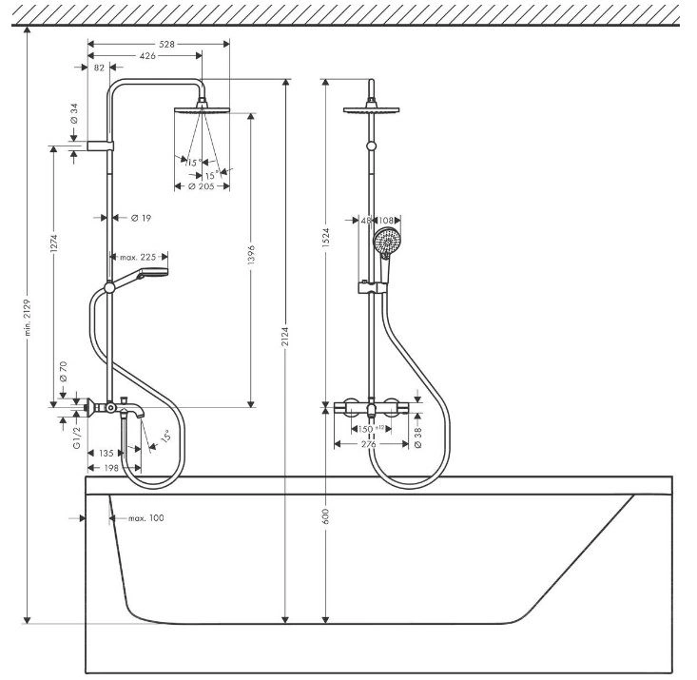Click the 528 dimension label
(x=166, y=44)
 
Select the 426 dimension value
(x=147, y=55)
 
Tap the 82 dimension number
(x=99, y=68)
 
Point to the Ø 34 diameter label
(x=74, y=113)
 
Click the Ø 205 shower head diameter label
(x=202, y=186)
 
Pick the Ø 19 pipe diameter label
(x=142, y=218)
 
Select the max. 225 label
(x=138, y=257)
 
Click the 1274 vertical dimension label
(x=54, y=243)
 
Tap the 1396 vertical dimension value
(x=251, y=255)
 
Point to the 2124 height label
(x=285, y=337)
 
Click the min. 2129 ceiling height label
(x=28, y=318)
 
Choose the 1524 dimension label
(x=326, y=238)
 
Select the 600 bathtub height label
(x=326, y=516)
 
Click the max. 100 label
(x=146, y=518)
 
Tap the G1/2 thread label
(x=77, y=437)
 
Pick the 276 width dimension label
(x=369, y=444)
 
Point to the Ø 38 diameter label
(x=417, y=437)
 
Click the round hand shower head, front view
(x=385, y=241)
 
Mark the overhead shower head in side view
(x=203, y=108)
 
